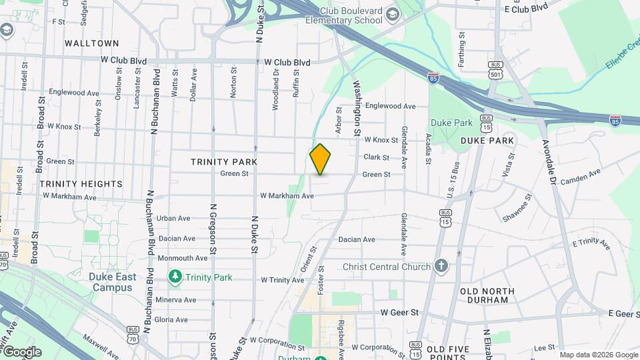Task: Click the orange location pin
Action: (320, 159)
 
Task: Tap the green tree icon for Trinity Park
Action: (175, 276)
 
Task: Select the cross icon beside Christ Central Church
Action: (441, 267)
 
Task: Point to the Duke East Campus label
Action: (113, 282)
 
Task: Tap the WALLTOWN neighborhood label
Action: (92, 43)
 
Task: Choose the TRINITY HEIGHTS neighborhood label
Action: (81, 183)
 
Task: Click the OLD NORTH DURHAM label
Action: (487, 295)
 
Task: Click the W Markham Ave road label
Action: (287, 196)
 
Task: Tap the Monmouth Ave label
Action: (183, 258)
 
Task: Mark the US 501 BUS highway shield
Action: (495, 69)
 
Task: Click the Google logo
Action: (22, 352)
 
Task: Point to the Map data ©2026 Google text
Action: (598, 355)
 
